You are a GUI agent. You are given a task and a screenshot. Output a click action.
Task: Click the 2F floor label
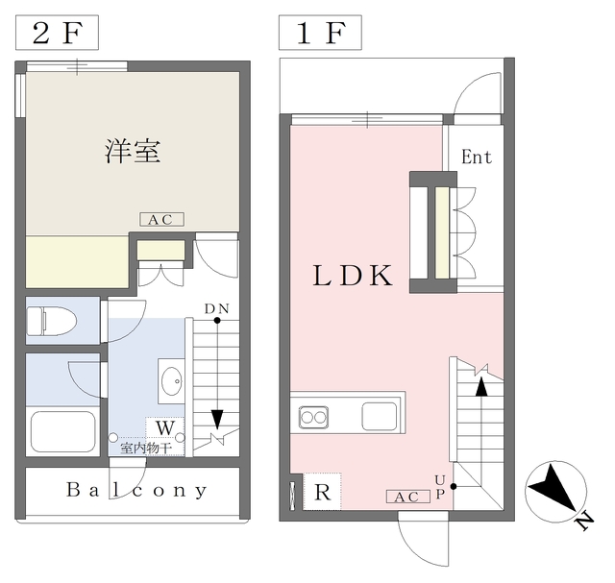pos(57,33)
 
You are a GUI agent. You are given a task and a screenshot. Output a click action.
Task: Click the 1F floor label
pos(320,33)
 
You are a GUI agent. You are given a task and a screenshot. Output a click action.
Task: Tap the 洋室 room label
pos(133,151)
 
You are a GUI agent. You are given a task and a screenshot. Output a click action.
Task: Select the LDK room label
pos(353,276)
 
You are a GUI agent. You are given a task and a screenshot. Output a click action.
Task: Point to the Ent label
pos(477,158)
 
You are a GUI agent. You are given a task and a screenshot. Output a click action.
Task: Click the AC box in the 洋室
pos(161,220)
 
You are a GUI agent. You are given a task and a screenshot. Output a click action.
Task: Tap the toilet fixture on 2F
pos(51,321)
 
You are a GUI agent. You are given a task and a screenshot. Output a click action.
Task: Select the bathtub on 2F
pos(63,431)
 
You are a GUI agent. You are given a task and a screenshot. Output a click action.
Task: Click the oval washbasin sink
pos(172,380)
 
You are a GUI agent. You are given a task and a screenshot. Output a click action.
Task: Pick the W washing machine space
pos(164,427)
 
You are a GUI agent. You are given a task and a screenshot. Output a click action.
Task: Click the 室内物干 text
pos(145,448)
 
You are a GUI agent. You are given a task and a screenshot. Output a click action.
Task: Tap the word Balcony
pos(136,490)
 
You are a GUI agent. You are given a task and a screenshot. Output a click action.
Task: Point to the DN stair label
pos(216,309)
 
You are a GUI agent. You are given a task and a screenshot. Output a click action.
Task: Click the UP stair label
pos(440,487)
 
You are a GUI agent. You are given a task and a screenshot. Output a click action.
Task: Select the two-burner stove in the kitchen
pos(313,417)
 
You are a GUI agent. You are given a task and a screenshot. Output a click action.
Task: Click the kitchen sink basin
pos(380,417)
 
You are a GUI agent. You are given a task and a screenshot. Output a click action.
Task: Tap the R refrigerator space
pos(323,491)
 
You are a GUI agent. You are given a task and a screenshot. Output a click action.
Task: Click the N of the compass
pos(584,522)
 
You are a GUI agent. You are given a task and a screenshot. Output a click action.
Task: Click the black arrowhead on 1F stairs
pos(481,387)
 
